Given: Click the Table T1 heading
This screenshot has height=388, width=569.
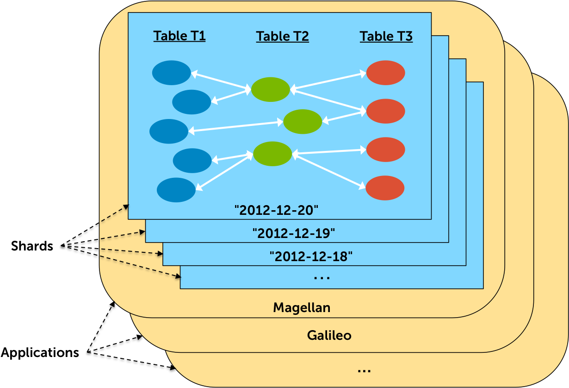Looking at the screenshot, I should click(x=179, y=36).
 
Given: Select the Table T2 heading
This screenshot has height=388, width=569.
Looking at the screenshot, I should click(x=282, y=36).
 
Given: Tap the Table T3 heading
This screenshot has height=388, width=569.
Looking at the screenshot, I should click(x=386, y=36).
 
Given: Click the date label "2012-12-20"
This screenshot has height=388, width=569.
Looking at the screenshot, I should click(x=277, y=210).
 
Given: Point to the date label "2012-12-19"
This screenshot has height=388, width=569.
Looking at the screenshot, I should click(x=294, y=233).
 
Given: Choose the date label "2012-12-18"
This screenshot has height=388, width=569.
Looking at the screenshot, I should click(x=311, y=256).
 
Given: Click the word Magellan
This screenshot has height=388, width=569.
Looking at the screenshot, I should click(x=302, y=307).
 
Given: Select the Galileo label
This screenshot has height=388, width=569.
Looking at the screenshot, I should click(x=329, y=335).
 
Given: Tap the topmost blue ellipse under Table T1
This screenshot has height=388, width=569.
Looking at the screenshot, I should click(x=172, y=73).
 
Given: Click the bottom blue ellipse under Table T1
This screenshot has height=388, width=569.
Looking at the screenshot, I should click(x=176, y=190).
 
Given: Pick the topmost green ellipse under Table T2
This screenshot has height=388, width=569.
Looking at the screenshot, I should click(x=271, y=89).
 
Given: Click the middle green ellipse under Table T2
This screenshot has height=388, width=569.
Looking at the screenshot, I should click(x=303, y=122).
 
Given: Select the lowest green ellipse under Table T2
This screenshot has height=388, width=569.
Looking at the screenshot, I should click(x=272, y=154).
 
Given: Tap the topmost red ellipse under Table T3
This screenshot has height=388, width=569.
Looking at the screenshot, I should click(x=386, y=73).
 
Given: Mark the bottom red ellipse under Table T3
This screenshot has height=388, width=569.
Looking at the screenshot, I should click(x=385, y=188).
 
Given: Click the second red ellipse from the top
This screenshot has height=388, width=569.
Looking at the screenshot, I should click(x=386, y=111).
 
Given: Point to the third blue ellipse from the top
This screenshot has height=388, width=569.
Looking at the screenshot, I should click(x=169, y=131).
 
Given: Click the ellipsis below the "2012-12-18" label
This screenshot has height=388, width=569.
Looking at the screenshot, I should click(x=322, y=278).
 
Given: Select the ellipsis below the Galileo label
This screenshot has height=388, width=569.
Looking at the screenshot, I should click(x=364, y=370).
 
